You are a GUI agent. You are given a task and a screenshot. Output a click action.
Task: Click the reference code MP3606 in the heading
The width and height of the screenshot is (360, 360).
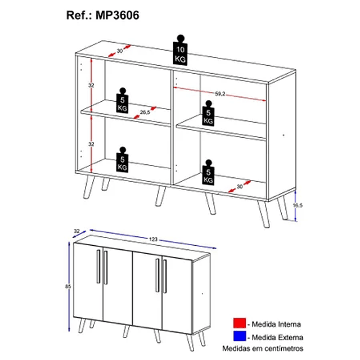(x=117, y=15)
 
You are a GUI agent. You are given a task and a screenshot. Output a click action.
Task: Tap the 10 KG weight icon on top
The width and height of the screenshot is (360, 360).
(x=180, y=50)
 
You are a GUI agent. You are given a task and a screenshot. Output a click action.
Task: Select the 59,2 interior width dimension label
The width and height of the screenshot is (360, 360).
(x=220, y=94)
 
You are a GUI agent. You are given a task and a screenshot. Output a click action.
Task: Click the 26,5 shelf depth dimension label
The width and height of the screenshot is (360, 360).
(x=145, y=112)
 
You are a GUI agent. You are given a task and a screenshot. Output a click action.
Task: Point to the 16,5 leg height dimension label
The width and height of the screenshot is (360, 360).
(x=298, y=205)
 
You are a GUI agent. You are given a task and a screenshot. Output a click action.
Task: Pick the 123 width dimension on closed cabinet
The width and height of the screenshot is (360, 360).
(x=153, y=240)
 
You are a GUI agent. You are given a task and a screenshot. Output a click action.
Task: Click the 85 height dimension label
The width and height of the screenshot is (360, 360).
(x=68, y=286)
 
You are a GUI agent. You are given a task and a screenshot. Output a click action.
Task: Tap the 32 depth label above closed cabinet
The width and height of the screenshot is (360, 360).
(x=76, y=231)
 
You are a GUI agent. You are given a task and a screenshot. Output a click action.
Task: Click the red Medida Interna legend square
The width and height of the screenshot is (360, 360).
(x=240, y=323)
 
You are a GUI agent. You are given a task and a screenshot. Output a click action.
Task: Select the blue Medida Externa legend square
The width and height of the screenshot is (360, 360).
(x=240, y=336)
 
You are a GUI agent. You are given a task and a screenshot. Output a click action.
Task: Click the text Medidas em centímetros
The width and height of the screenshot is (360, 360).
(x=263, y=349)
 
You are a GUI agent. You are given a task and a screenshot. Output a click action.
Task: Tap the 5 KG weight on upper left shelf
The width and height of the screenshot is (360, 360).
(x=123, y=101)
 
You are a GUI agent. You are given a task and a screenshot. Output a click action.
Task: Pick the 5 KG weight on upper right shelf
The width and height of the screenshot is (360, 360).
(x=208, y=114)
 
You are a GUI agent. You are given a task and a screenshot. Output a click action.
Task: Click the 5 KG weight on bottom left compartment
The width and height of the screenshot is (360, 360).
(x=123, y=160)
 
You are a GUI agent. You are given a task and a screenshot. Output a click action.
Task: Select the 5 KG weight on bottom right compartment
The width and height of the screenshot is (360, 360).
(x=208, y=173)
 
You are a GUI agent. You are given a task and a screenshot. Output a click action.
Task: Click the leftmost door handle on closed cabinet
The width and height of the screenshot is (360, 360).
(x=98, y=266)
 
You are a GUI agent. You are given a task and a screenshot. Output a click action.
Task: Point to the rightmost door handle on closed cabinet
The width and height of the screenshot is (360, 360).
(x=165, y=276)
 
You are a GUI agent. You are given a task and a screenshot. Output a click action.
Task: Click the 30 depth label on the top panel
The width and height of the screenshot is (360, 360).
(x=120, y=51)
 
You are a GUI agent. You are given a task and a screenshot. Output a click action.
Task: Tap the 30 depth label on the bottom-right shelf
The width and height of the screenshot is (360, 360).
(x=240, y=186)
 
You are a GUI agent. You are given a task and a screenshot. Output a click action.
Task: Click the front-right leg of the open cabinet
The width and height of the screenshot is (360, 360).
(x=263, y=214)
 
